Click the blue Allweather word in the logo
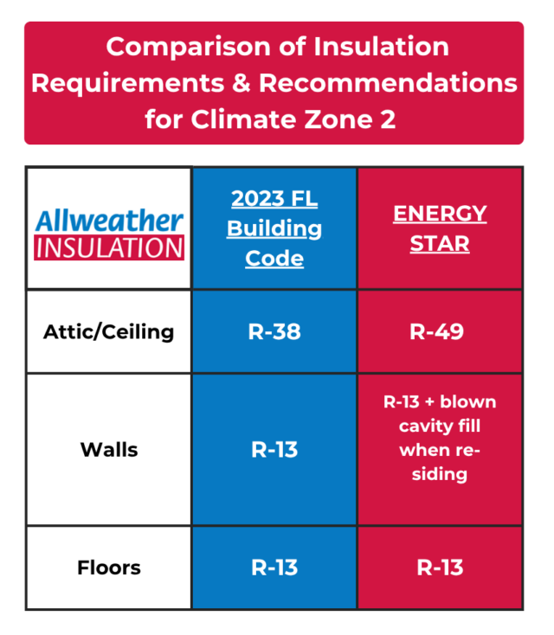coord(109,220)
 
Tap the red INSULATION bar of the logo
coord(109,247)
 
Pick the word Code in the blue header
coord(274,258)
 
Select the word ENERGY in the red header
coord(440,214)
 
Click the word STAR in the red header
coord(440,243)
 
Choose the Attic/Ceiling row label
coord(109,331)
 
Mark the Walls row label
coord(109,450)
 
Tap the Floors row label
coord(109,568)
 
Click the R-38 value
coord(274,331)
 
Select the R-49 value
coord(440,331)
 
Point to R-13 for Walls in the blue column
coord(274,450)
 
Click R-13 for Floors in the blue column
coord(274,568)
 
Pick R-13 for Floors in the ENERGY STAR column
coord(440,568)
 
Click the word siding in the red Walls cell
coord(440,474)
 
